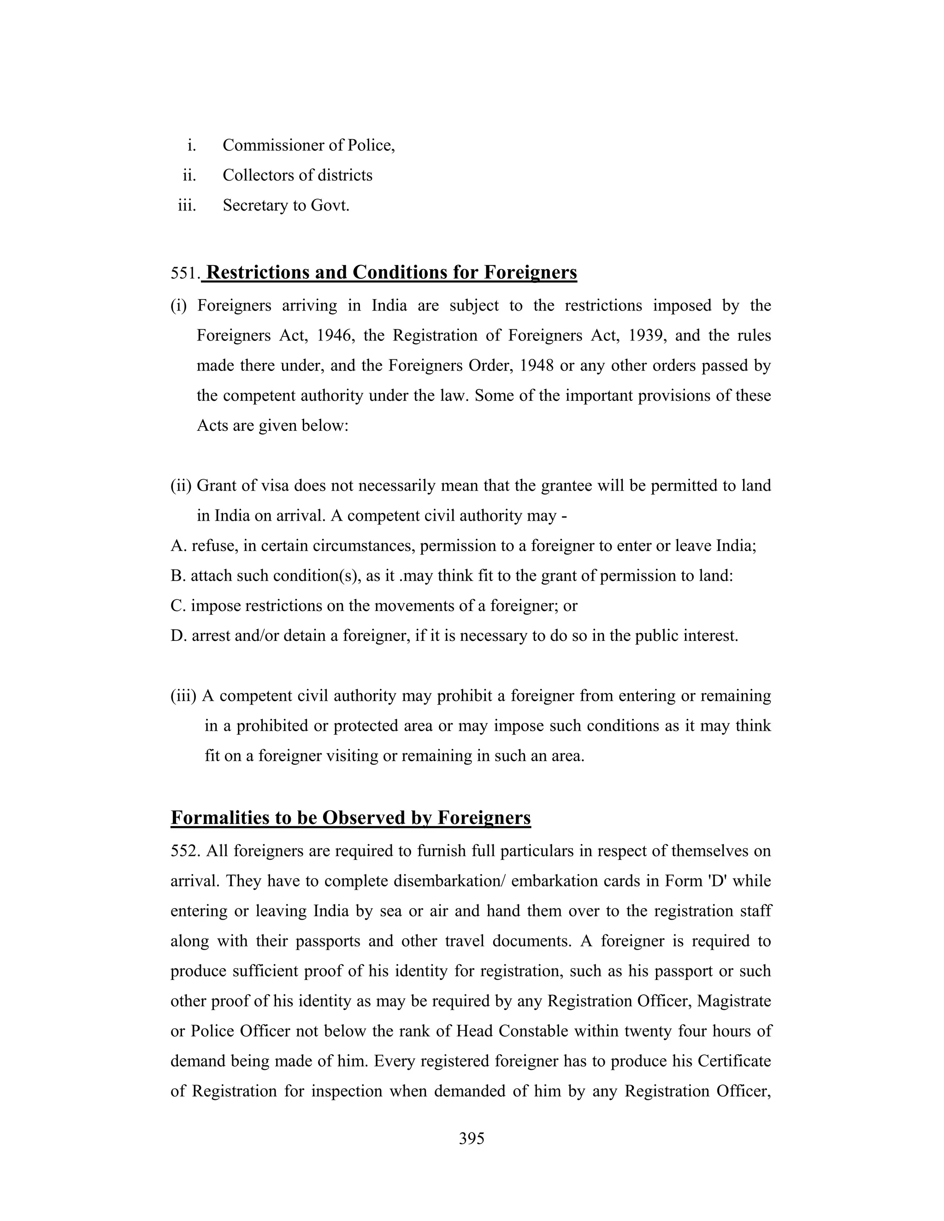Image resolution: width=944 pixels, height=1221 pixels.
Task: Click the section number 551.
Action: click(x=185, y=273)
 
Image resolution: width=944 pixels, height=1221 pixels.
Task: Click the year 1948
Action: click(x=537, y=366)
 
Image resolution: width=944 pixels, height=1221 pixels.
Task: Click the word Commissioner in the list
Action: click(x=275, y=145)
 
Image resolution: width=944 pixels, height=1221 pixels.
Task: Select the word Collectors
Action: click(x=259, y=176)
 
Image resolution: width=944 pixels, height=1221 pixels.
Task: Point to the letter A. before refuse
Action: click(x=178, y=546)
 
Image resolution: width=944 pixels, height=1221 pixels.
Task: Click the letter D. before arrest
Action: click(x=178, y=636)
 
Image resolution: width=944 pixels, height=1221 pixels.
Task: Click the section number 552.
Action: click(x=185, y=851)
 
